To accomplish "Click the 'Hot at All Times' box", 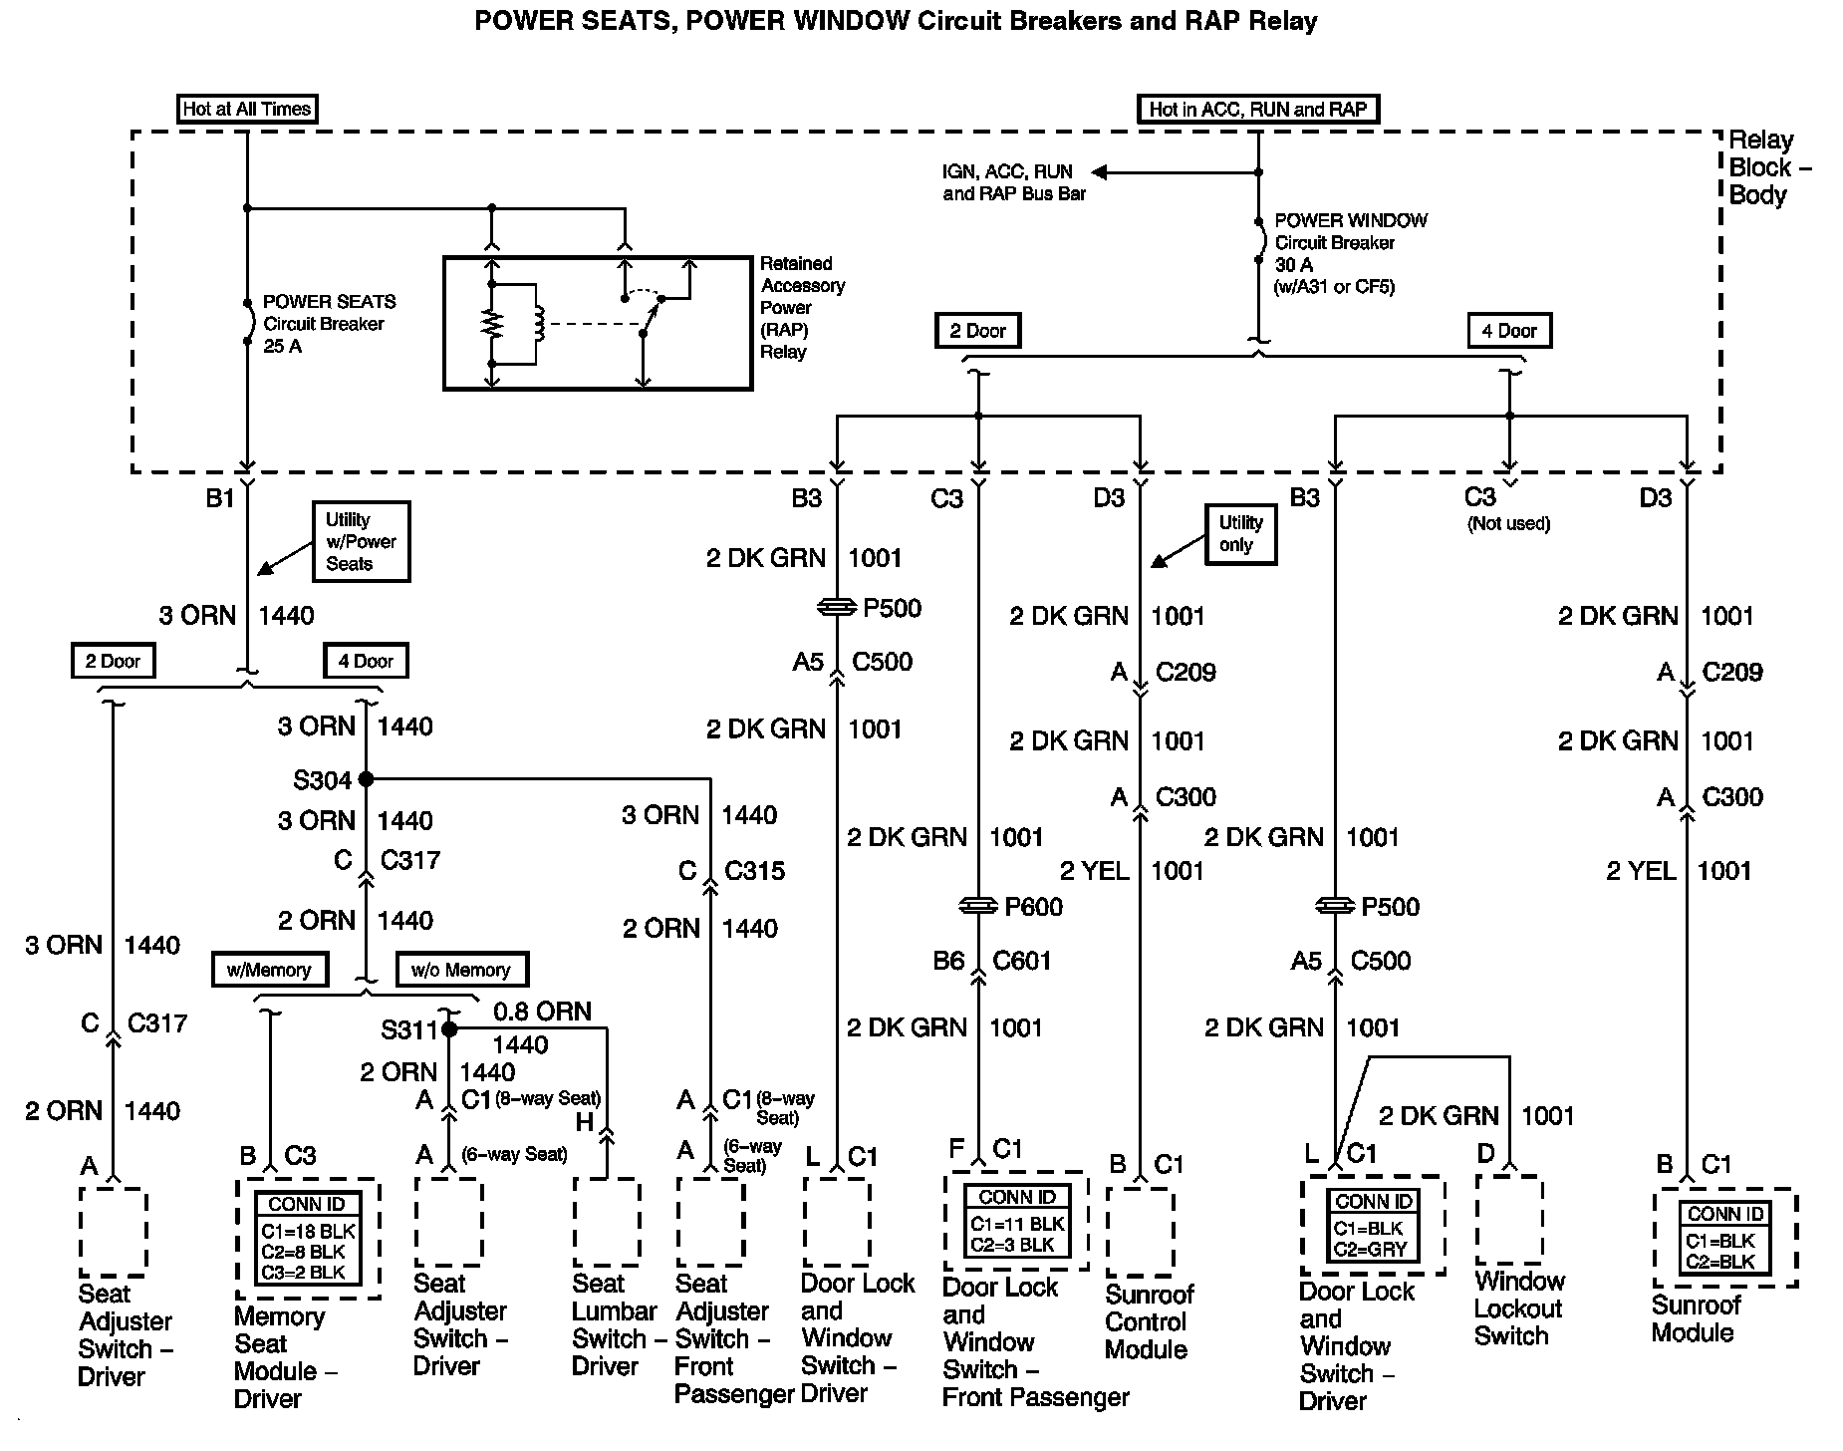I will pos(247,109).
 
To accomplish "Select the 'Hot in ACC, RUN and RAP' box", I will pos(1257,109).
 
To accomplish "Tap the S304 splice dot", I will pos(366,778).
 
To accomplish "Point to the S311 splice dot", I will pos(448,1028).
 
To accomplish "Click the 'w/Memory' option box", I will pos(269,969).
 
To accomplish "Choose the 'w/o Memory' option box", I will pos(461,969).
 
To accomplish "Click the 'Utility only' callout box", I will pos(1240,533).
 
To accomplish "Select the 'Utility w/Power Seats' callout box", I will pos(361,541).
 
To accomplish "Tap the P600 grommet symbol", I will pos(978,906).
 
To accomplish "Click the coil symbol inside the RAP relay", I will pos(539,322).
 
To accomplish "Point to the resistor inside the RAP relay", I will pos(491,323).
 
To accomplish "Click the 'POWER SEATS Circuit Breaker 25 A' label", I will pos(329,323).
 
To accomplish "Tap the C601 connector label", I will pos(1022,960).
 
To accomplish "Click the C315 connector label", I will pos(754,870).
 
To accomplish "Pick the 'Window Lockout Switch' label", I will pos(1518,1308).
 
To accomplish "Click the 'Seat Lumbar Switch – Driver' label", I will pos(614,1324).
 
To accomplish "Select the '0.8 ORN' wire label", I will pos(542,1012).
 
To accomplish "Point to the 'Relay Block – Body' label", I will pos(1768,167).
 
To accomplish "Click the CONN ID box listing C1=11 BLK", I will pos(1016,1222).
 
